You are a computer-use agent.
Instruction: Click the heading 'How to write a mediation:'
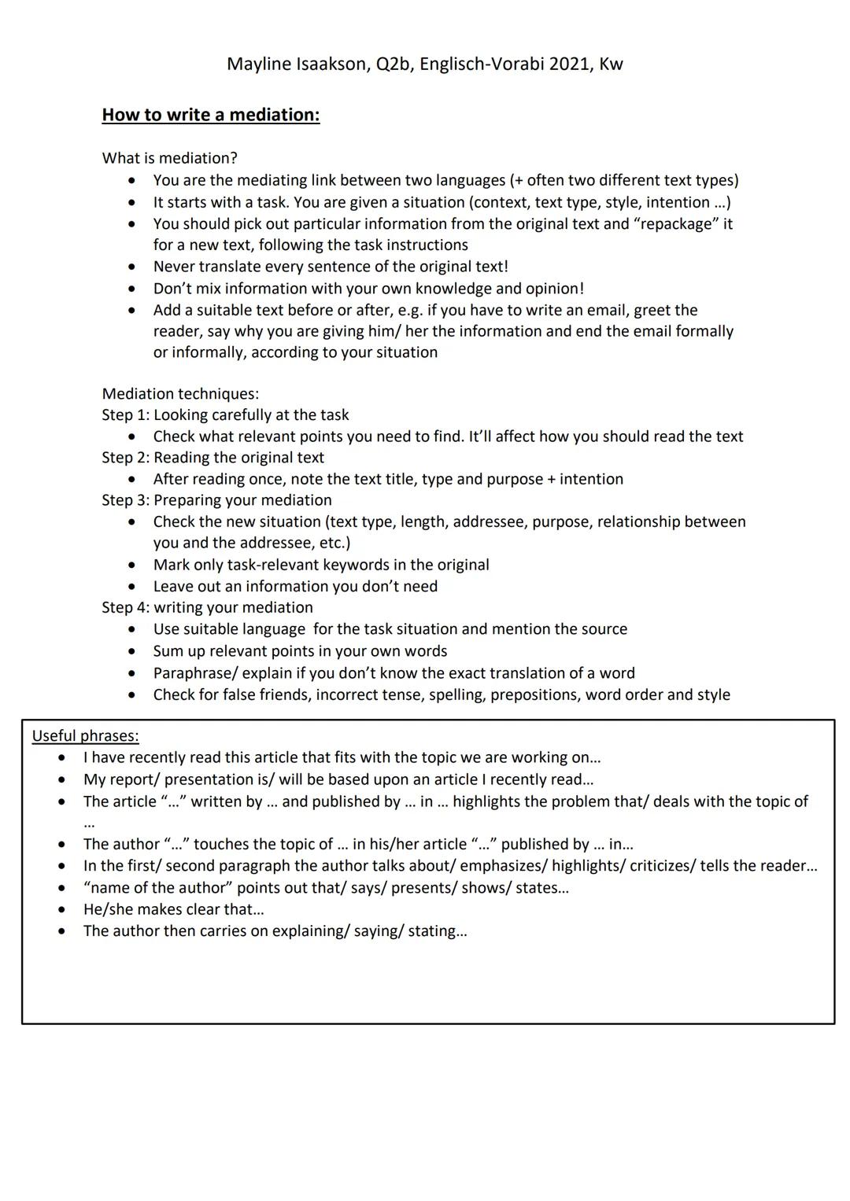pos(211,115)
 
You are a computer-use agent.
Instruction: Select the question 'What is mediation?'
pos(169,158)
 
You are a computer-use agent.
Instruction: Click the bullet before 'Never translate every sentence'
pos(131,267)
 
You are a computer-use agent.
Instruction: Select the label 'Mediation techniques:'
pos(180,393)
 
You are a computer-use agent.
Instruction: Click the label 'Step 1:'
pos(125,415)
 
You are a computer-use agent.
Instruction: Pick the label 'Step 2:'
pos(125,458)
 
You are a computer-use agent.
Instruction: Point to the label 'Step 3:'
pos(125,500)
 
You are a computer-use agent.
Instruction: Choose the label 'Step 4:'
pos(125,608)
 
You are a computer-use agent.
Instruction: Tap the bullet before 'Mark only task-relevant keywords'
pos(131,566)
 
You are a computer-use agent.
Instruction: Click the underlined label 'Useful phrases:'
pos(85,736)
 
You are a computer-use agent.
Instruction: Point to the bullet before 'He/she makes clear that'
pos(61,910)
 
